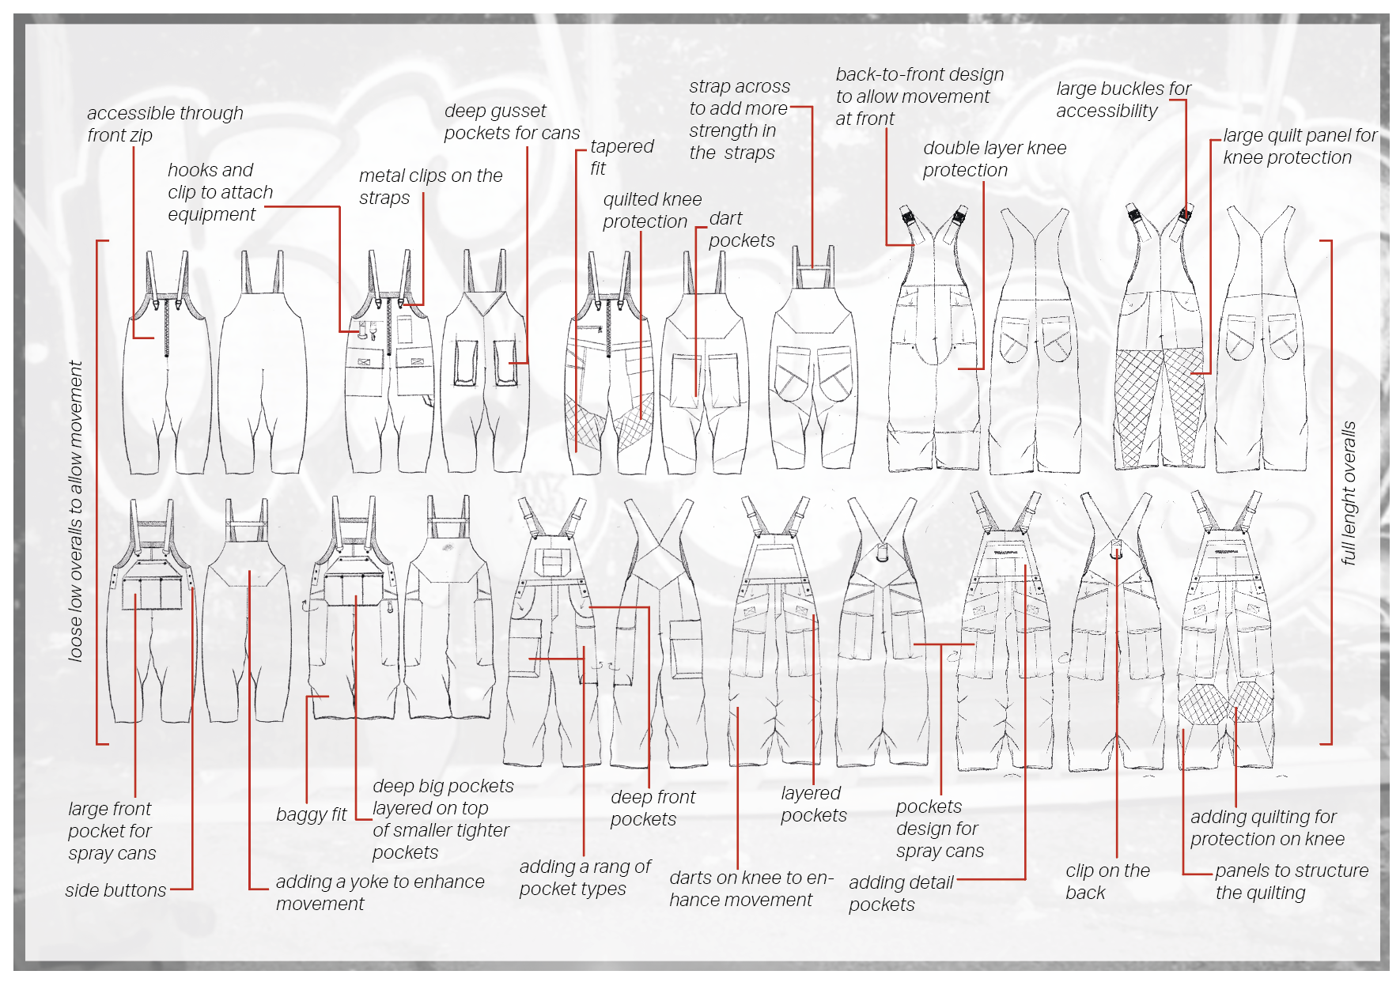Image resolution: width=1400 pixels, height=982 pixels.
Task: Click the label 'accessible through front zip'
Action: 165,124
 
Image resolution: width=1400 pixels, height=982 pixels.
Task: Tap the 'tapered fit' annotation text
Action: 622,157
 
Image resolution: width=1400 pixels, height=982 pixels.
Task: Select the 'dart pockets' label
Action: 741,229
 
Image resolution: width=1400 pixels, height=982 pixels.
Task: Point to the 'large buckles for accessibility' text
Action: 1123,100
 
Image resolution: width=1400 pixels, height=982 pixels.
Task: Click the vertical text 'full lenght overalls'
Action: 1349,493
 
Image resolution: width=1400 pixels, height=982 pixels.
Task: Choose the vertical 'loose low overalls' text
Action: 76,511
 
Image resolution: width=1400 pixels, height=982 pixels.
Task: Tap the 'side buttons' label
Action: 115,890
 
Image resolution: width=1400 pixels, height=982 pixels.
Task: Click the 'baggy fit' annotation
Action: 311,814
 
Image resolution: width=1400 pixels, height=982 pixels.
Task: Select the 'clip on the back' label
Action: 1107,882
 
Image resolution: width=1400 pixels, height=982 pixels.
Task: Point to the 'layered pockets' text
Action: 813,804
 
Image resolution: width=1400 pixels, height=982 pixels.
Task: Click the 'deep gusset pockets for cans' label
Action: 511,122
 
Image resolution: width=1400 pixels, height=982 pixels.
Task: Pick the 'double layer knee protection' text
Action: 994,159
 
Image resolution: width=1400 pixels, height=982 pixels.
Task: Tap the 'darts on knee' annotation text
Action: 751,889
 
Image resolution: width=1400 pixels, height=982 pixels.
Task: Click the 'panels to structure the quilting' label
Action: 1291,882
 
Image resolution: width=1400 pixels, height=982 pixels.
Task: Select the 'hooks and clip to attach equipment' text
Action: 220,192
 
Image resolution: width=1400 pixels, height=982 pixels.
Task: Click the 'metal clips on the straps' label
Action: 430,187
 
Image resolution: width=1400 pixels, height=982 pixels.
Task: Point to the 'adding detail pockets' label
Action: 900,893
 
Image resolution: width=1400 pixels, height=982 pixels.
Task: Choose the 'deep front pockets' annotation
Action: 653,808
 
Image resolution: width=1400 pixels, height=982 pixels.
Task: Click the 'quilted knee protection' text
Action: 652,210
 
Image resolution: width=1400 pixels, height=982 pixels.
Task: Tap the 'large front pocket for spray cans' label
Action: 112,831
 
